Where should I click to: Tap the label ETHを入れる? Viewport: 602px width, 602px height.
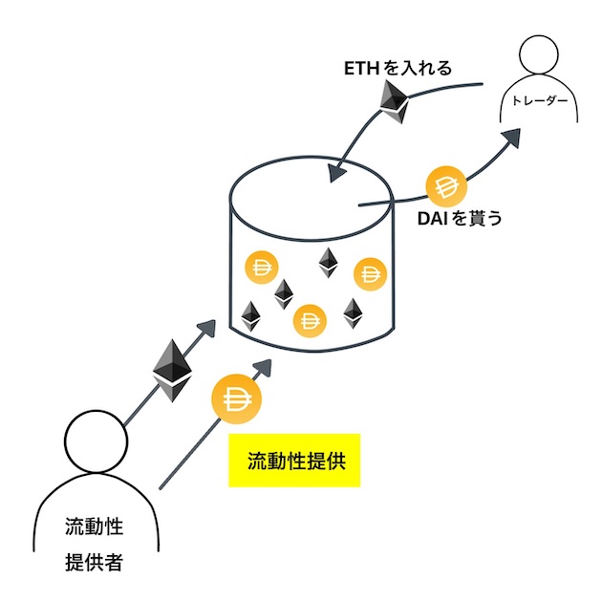click(x=398, y=69)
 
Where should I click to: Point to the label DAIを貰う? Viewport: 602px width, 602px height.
click(x=460, y=218)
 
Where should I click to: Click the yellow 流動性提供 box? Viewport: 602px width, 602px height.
click(x=294, y=462)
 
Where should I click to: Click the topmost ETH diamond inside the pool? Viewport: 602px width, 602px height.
click(x=330, y=263)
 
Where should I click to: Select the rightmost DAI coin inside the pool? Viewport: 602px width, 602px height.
click(x=369, y=274)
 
